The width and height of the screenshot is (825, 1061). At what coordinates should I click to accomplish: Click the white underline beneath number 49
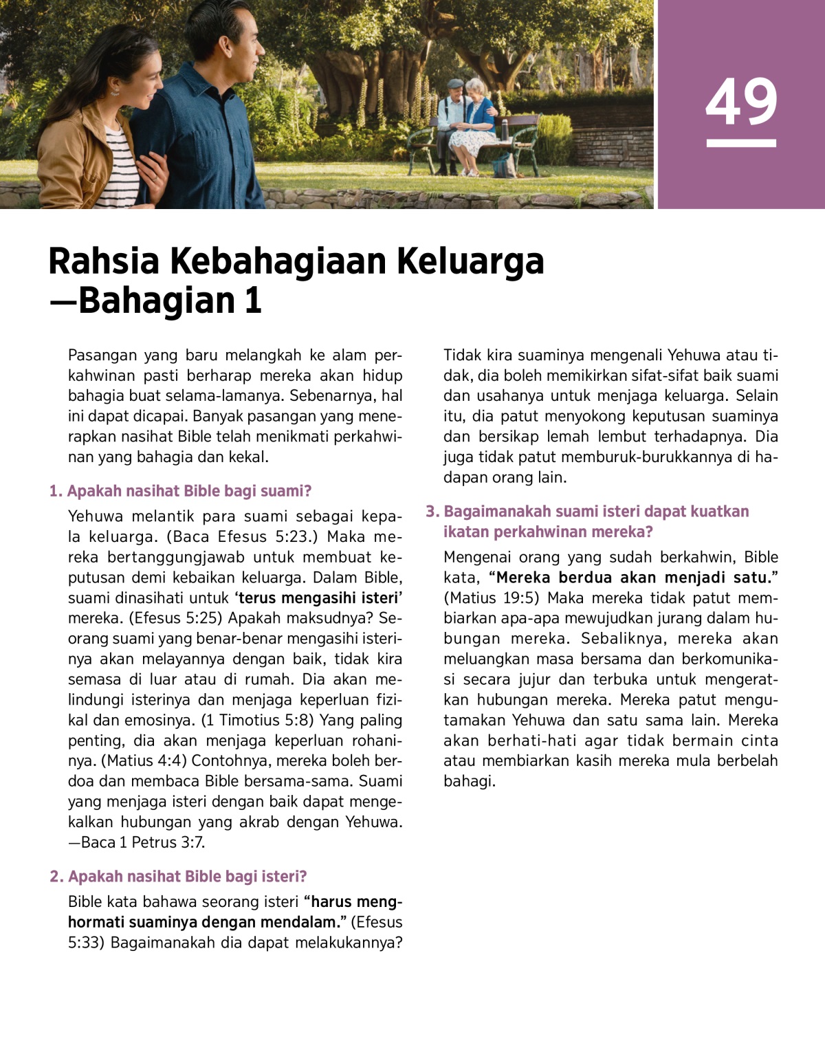point(741,144)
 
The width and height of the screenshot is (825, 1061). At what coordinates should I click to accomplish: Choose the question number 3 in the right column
point(432,512)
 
